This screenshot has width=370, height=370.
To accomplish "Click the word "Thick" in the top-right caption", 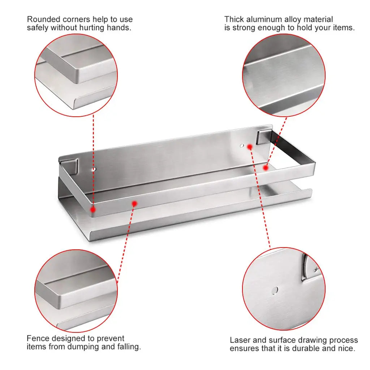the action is click(234, 19).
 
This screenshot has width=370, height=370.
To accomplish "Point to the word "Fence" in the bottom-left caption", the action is click(38, 338).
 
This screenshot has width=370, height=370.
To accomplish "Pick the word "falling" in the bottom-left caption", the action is click(128, 347).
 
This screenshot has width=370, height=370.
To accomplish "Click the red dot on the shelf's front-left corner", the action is click(93, 209).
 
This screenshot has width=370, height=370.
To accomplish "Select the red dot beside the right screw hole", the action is click(250, 147).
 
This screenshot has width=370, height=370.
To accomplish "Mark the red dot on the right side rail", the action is click(266, 168).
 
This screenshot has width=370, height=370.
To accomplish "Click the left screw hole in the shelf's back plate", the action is click(94, 169).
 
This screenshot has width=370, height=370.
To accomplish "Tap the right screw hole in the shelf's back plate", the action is click(242, 146).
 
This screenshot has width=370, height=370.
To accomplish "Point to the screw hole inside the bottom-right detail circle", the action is click(275, 290).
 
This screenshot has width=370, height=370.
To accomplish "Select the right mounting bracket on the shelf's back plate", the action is click(264, 137).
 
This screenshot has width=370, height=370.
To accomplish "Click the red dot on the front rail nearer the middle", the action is click(134, 203).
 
